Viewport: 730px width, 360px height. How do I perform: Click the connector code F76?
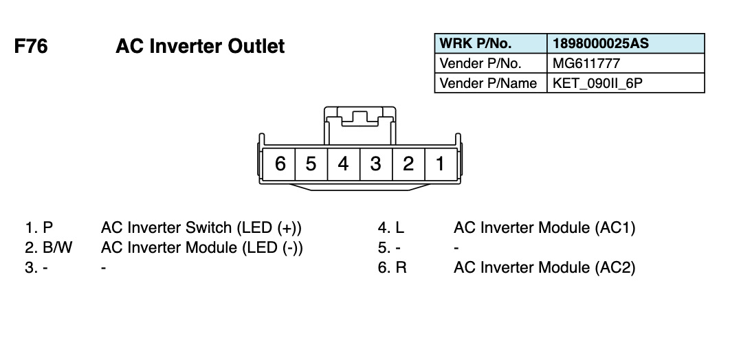click(31, 47)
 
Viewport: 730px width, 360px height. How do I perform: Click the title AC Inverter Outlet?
click(200, 47)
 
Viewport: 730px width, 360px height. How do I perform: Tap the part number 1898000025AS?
click(601, 44)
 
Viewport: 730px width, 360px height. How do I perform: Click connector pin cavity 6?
click(280, 164)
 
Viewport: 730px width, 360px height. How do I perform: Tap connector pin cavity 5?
click(311, 164)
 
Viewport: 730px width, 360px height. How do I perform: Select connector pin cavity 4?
click(343, 164)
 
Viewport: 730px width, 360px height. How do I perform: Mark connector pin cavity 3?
click(375, 164)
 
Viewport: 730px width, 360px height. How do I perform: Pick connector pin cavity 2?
click(408, 164)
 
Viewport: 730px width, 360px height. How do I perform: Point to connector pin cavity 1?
click(440, 164)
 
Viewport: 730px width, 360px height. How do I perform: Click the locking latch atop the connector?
click(359, 118)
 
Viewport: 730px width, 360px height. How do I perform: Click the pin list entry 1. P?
click(39, 228)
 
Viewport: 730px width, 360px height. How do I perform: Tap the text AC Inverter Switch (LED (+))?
click(201, 228)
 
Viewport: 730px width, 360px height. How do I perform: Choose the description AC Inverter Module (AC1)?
click(544, 228)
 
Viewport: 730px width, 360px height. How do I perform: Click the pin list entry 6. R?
click(392, 268)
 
